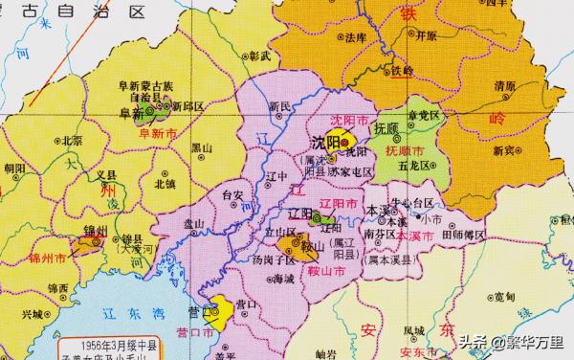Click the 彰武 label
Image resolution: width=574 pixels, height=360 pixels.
(259, 57)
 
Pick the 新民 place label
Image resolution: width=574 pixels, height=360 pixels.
(279, 105)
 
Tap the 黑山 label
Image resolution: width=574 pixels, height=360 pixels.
(202, 147)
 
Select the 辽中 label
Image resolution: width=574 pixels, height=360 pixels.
(276, 176)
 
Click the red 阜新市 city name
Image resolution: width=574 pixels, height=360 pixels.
(146, 135)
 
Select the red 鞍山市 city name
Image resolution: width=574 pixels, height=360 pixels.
(322, 272)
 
